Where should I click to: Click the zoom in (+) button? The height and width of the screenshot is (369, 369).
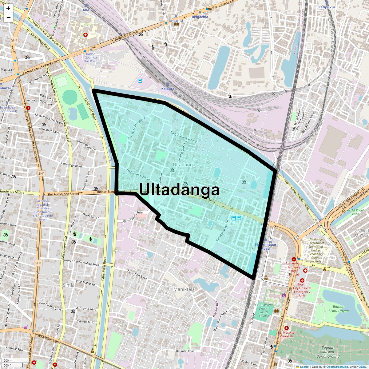(x=8, y=9)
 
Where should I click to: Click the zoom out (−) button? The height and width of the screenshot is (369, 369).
(x=8, y=17)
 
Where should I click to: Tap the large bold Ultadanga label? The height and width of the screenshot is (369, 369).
(x=179, y=190)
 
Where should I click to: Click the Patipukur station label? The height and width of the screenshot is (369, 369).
(x=327, y=7)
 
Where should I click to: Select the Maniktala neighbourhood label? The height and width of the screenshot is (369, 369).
(x=184, y=289)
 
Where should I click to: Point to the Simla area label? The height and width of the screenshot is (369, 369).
(x=68, y=285)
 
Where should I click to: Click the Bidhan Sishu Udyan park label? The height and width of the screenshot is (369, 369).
(x=339, y=309)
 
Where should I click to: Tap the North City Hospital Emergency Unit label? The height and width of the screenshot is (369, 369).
(x=302, y=290)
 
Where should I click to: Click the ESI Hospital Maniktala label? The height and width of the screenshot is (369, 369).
(x=286, y=334)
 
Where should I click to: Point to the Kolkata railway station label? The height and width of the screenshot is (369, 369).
(x=168, y=89)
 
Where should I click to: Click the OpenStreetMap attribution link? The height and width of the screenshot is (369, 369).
(x=337, y=367)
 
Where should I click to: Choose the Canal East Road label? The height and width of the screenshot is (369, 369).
(x=137, y=275)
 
